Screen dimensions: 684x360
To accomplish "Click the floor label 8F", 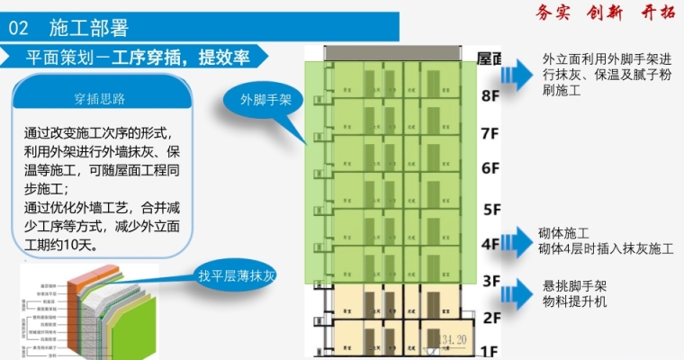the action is pos(490,95).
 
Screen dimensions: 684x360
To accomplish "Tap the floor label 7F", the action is pos(490,134).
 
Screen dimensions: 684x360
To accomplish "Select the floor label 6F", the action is pos(490,168).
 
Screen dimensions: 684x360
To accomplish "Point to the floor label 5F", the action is pos(490,209).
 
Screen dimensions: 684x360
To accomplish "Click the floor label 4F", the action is pos(490,244).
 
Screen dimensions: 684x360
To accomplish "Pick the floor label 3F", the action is pos(490,281).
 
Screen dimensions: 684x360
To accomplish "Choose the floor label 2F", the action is pos(490,317).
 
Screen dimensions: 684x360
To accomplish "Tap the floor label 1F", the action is pos(490,350).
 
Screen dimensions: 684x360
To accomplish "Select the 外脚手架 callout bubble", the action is pos(265,100).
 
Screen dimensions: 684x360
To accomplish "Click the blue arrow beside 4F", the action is pos(518,239).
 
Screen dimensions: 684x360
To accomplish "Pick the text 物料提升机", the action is pos(574,302).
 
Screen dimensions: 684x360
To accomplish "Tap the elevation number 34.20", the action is pos(456,338).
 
